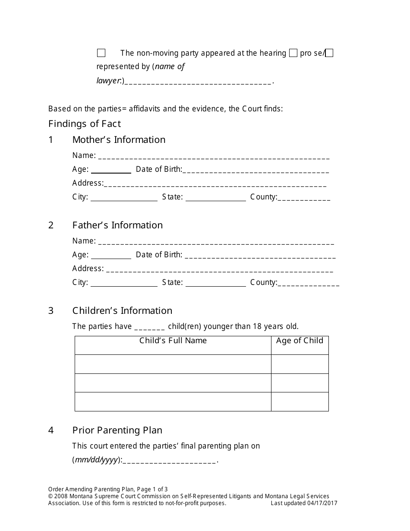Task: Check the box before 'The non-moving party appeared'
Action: [x=101, y=53]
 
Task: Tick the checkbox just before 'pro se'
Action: [x=293, y=53]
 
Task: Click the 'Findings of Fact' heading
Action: [x=85, y=124]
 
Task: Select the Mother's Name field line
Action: [x=214, y=157]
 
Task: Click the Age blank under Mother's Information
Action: [x=111, y=170]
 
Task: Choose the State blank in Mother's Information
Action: [x=215, y=198]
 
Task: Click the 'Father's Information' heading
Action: [x=117, y=225]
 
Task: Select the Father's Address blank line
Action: [x=219, y=270]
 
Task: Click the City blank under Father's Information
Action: [x=124, y=284]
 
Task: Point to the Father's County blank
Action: [x=308, y=284]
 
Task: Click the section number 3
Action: [x=51, y=311]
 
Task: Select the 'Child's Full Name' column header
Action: [x=173, y=341]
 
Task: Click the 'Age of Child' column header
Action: [x=300, y=341]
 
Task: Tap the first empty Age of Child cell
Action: [x=300, y=364]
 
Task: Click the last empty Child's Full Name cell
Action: [x=173, y=401]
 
